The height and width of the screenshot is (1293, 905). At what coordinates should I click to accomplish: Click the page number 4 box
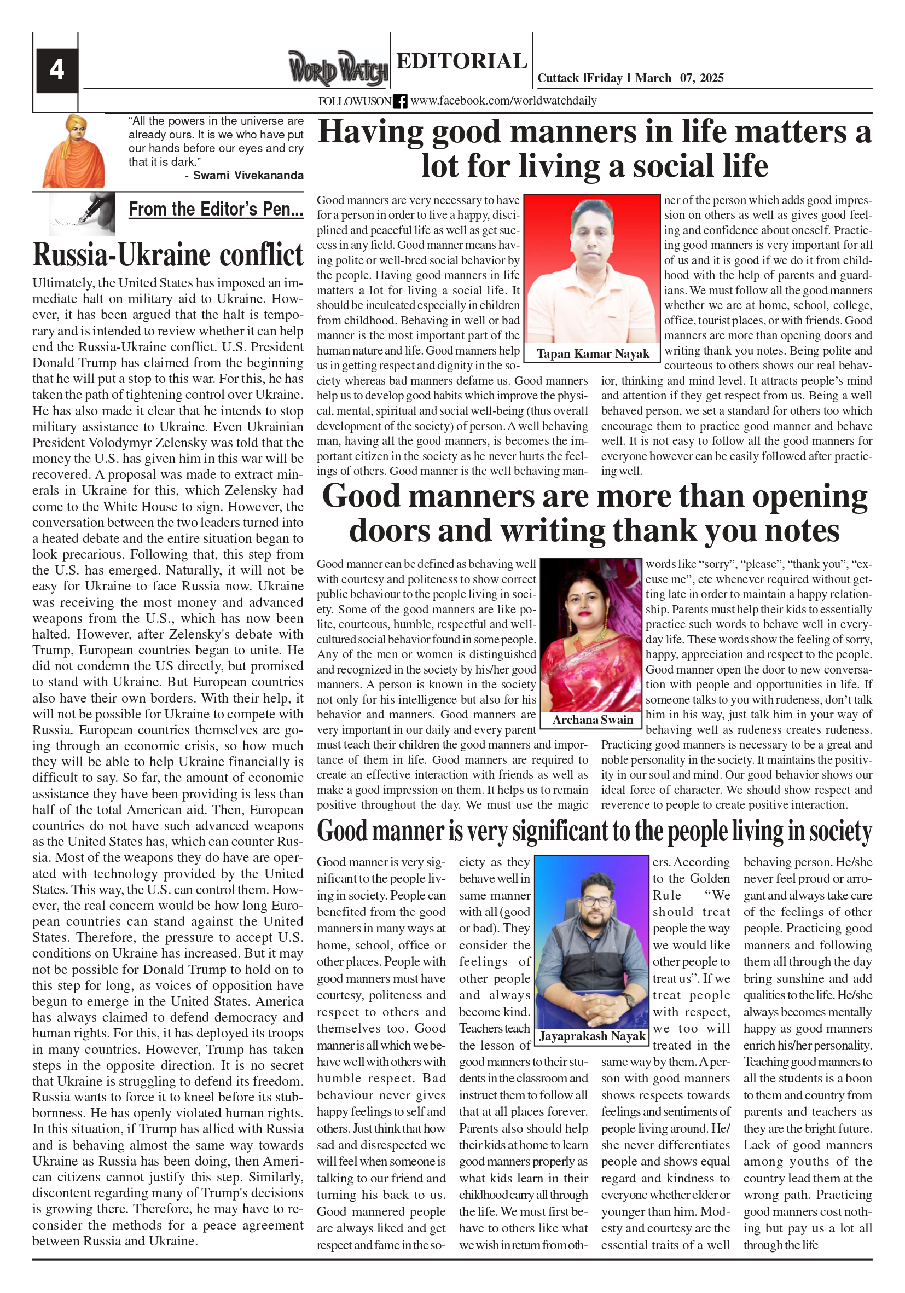click(x=56, y=70)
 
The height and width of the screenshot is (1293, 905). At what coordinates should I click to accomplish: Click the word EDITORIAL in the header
click(x=461, y=61)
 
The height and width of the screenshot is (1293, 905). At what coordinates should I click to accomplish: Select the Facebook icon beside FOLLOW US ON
click(x=400, y=101)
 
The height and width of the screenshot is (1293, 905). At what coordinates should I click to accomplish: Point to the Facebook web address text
click(x=503, y=101)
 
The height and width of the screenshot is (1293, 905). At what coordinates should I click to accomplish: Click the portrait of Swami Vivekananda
click(x=74, y=151)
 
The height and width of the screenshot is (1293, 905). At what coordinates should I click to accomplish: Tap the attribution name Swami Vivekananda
click(x=248, y=175)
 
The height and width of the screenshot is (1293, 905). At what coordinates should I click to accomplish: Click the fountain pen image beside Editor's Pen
click(x=82, y=213)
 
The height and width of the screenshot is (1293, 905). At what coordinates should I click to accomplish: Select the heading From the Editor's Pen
click(x=216, y=210)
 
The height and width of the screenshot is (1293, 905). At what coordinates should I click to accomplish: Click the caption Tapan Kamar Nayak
click(x=593, y=353)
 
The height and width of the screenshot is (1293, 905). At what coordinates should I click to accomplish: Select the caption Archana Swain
click(x=593, y=720)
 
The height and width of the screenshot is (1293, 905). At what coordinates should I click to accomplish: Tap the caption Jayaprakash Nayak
click(x=592, y=1036)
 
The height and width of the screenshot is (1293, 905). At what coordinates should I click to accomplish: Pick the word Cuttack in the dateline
click(x=558, y=78)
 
